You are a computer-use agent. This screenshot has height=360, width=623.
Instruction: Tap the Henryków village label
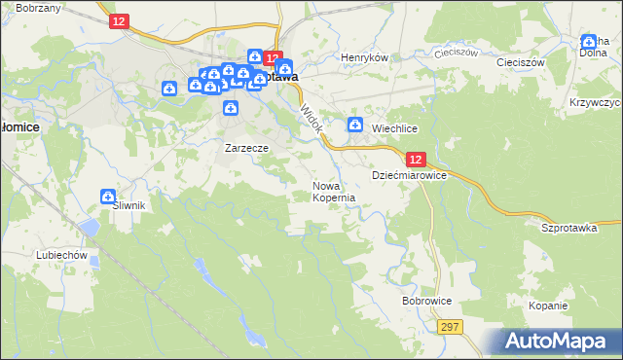(x=364, y=57)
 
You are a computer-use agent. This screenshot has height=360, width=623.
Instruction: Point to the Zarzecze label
(x=245, y=148)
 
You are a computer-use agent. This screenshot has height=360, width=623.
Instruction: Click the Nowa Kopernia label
(x=334, y=191)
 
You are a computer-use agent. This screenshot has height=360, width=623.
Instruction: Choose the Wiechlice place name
(x=394, y=127)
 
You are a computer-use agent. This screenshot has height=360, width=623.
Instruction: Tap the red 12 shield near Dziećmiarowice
(x=415, y=159)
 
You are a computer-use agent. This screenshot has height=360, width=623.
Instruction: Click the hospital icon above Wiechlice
(x=355, y=125)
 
